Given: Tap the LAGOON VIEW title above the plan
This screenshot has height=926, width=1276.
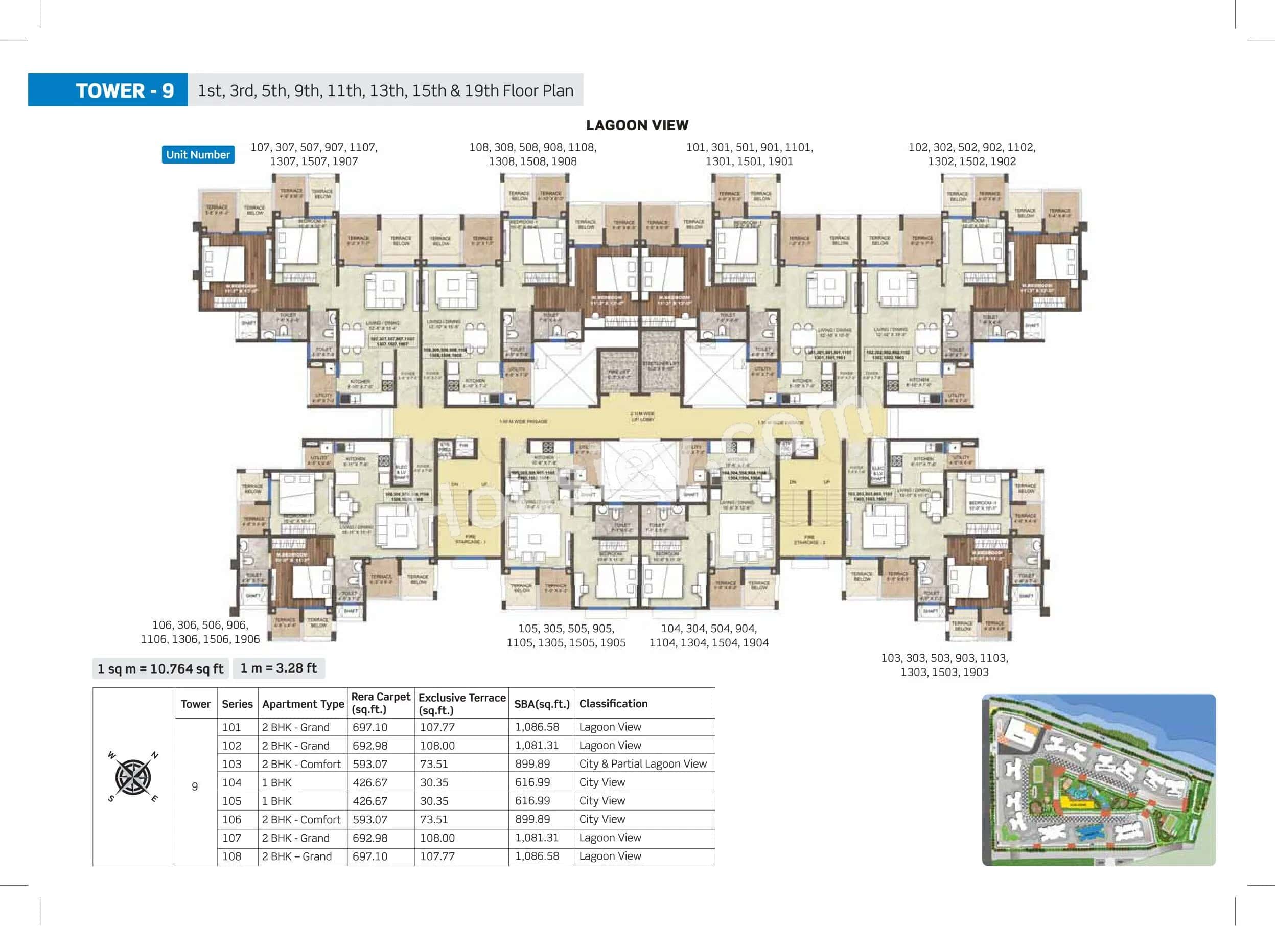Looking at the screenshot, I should [637, 125].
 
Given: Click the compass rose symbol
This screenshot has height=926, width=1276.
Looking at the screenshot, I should [133, 777].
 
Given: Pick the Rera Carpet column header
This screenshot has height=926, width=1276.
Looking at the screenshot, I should [380, 703].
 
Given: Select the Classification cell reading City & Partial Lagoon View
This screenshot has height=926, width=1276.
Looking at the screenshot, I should [642, 763].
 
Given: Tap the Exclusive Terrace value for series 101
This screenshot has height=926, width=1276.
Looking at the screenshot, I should [437, 727].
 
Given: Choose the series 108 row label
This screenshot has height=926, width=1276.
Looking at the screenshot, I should [231, 856].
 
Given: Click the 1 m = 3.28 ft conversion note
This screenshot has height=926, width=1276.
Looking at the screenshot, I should [279, 668].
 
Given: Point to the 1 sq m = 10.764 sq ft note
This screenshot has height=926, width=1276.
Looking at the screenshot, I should [160, 669].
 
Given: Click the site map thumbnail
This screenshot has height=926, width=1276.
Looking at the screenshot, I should [1098, 780].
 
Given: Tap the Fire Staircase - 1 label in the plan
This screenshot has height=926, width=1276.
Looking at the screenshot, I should [469, 539].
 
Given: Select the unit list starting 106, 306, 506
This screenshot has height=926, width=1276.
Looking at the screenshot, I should [200, 632].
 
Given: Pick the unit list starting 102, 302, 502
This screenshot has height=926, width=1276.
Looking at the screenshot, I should [971, 154].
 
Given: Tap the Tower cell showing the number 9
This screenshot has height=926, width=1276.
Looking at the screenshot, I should [195, 786].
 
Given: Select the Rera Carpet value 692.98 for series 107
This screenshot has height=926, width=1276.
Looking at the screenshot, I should [369, 838].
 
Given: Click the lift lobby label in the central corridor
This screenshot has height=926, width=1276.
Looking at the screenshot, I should [642, 416].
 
